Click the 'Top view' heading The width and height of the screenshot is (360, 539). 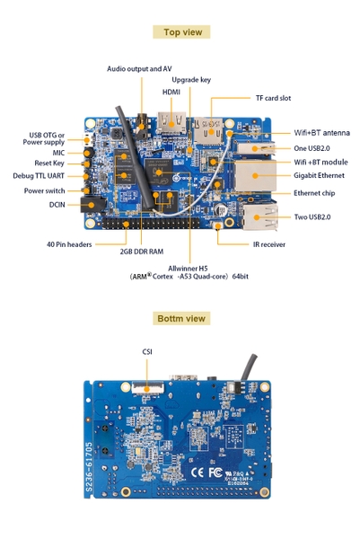pyautogui.click(x=183, y=32)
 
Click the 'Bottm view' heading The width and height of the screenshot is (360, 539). pyautogui.click(x=181, y=318)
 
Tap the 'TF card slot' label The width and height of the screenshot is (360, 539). pyautogui.click(x=274, y=98)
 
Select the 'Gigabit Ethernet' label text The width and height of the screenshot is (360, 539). pyautogui.click(x=319, y=175)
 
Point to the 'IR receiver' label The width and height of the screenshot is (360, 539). pyautogui.click(x=269, y=244)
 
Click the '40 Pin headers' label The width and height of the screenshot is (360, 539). pyautogui.click(x=69, y=244)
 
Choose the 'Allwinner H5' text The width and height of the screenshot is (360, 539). pyautogui.click(x=188, y=269)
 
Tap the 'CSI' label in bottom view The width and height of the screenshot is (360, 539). pyautogui.click(x=147, y=351)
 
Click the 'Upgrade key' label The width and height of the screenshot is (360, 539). pyautogui.click(x=191, y=80)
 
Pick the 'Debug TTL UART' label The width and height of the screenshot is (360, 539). pyautogui.click(x=39, y=176)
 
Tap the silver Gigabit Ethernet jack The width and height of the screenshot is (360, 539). pyautogui.click(x=255, y=176)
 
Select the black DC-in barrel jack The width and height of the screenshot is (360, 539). pyautogui.click(x=92, y=205)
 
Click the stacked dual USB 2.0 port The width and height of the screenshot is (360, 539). pyautogui.click(x=260, y=216)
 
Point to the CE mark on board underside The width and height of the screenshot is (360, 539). pyautogui.click(x=198, y=473)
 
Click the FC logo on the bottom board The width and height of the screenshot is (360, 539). pyautogui.click(x=215, y=473)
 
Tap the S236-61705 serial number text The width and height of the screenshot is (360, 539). pyautogui.click(x=89, y=467)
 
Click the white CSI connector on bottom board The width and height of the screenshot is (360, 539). pyautogui.click(x=148, y=388)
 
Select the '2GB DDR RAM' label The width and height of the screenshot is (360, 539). pyautogui.click(x=142, y=252)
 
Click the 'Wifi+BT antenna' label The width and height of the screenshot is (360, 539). pyautogui.click(x=322, y=133)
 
